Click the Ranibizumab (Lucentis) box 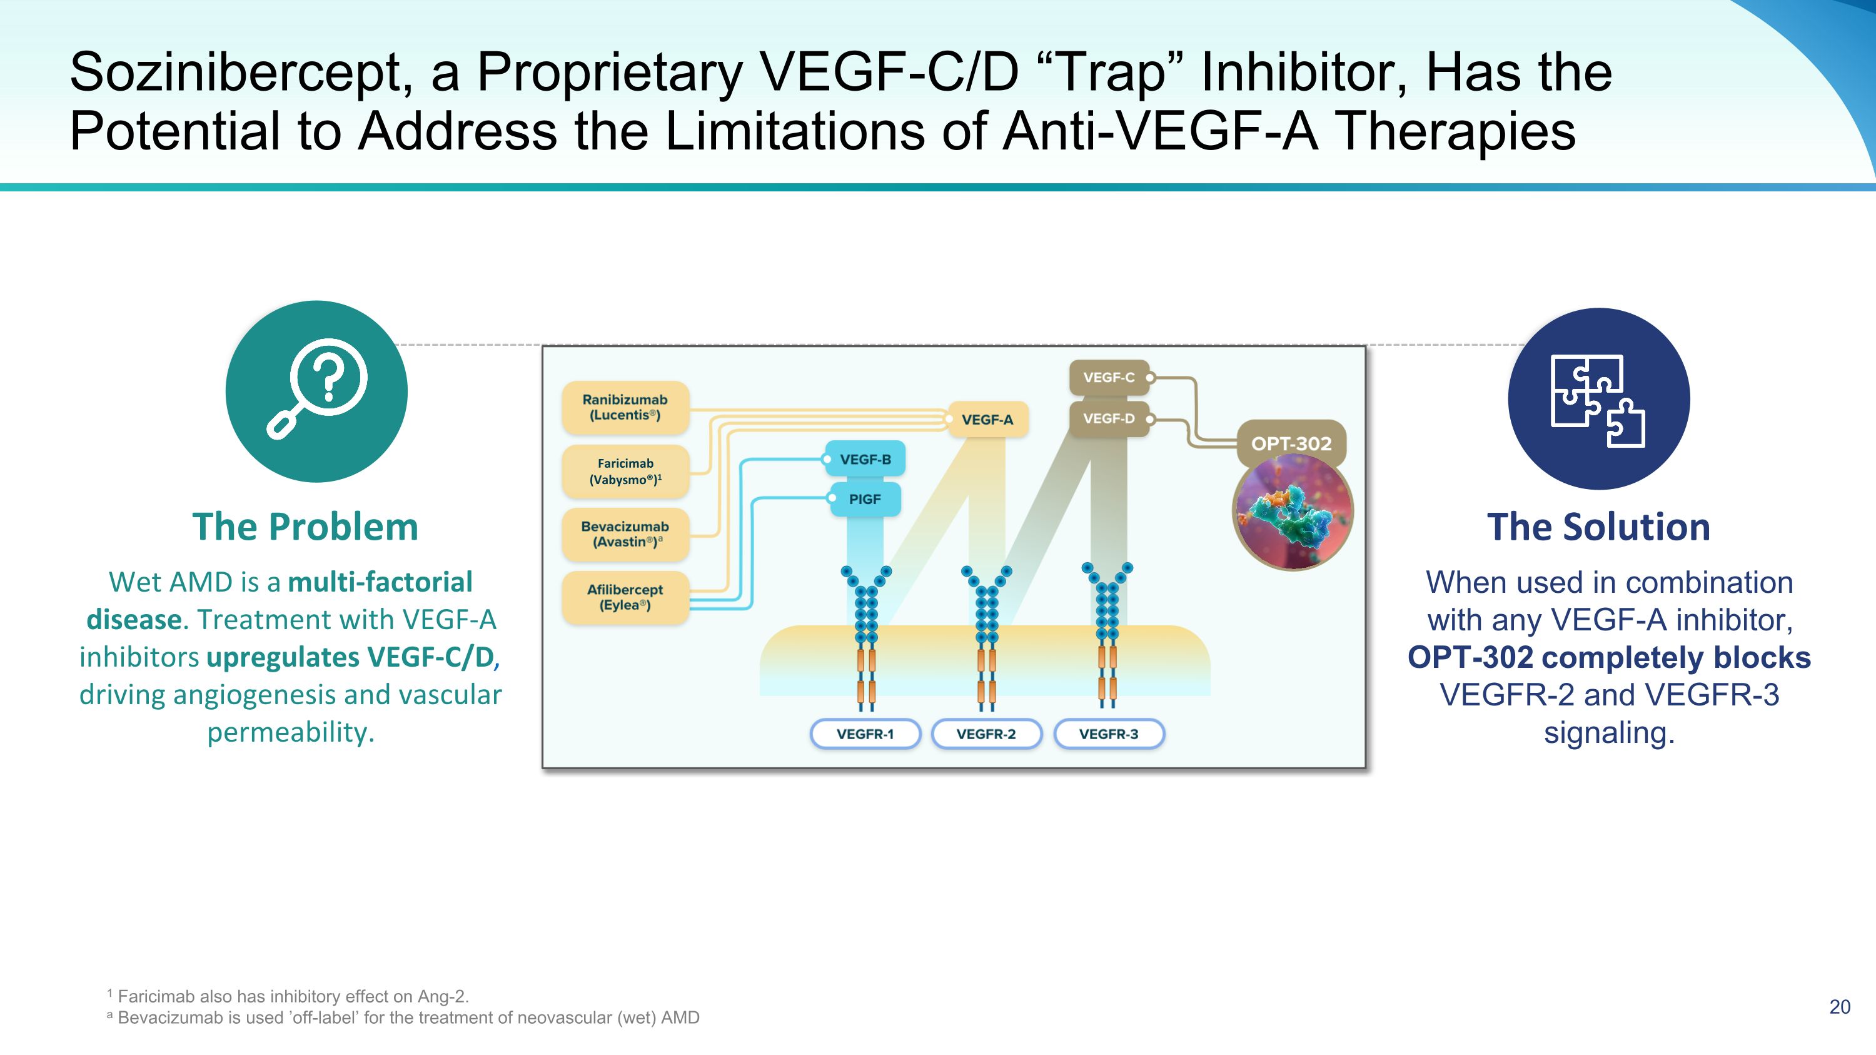[x=625, y=407]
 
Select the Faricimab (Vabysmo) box [x=625, y=471]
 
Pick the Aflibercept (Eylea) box [x=625, y=597]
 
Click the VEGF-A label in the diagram [x=987, y=420]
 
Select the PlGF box [x=865, y=500]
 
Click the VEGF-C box [x=1109, y=377]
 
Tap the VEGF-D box [x=1109, y=418]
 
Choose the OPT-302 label [x=1291, y=443]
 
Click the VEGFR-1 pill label [x=865, y=734]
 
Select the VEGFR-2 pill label [x=986, y=734]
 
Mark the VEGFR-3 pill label [x=1109, y=734]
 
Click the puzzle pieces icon [x=1598, y=399]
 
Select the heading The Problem [x=305, y=527]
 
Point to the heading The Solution [x=1598, y=527]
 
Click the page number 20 [x=1839, y=1007]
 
